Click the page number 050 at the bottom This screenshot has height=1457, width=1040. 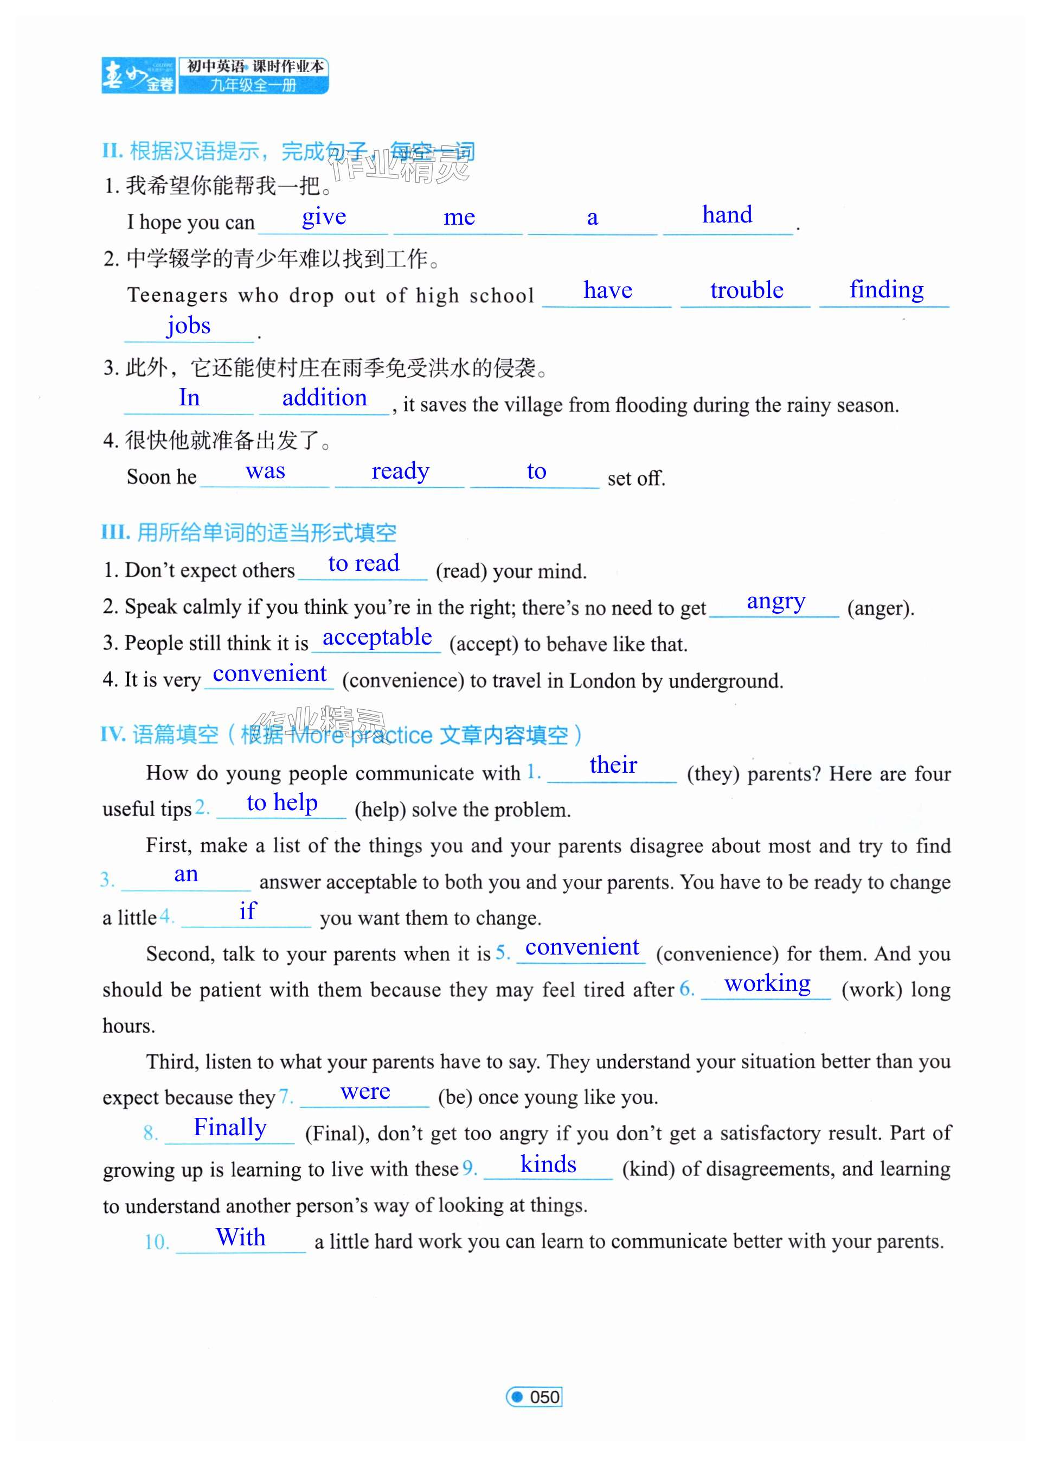544,1397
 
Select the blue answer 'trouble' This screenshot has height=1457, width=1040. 746,290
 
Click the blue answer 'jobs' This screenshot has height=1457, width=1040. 189,326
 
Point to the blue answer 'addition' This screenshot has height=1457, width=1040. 325,398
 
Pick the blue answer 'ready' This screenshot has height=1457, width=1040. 400,471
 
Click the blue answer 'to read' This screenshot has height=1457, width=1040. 364,563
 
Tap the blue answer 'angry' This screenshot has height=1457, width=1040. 775,602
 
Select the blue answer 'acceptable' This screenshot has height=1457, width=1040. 377,637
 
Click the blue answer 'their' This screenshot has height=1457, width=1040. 613,765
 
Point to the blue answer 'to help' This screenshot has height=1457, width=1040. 282,802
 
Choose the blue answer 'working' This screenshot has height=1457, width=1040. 767,983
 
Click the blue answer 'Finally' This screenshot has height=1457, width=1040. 230,1127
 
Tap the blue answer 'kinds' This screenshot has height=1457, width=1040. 548,1164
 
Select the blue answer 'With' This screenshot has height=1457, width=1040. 241,1237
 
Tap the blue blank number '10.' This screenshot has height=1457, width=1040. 157,1242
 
